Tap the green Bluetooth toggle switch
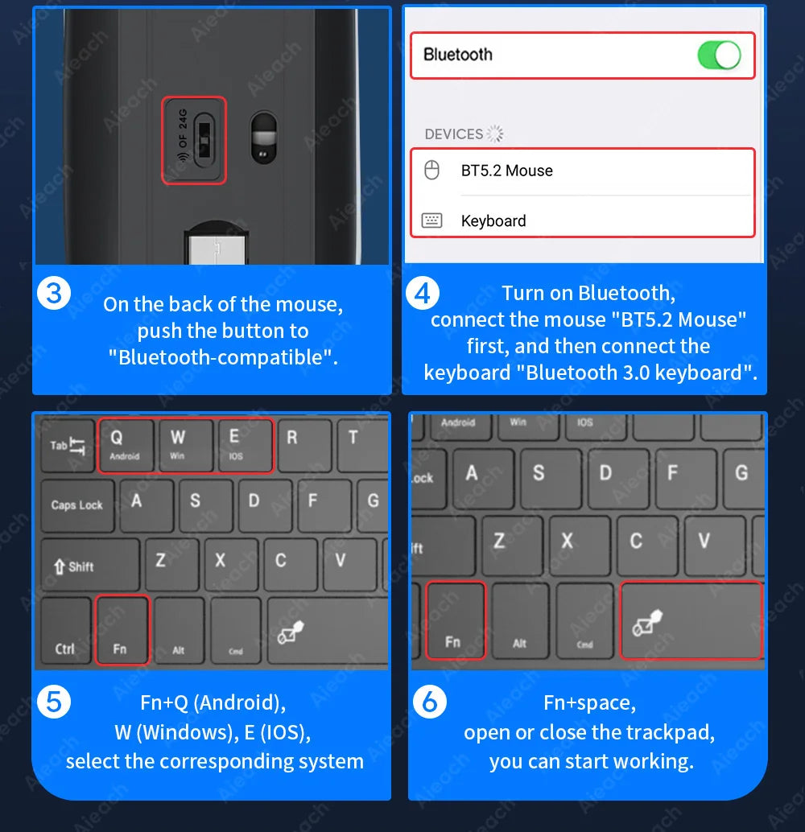click(x=718, y=56)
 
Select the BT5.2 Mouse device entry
click(x=506, y=171)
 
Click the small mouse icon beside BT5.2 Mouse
click(x=432, y=171)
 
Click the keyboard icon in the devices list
click(x=432, y=220)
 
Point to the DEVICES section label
click(x=454, y=134)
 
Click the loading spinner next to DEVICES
click(x=495, y=134)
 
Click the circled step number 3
click(x=54, y=294)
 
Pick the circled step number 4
click(x=423, y=294)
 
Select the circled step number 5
click(x=54, y=702)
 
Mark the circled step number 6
click(x=429, y=702)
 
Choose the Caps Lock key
click(x=77, y=505)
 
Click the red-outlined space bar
click(x=691, y=620)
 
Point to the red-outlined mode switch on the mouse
click(x=194, y=140)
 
